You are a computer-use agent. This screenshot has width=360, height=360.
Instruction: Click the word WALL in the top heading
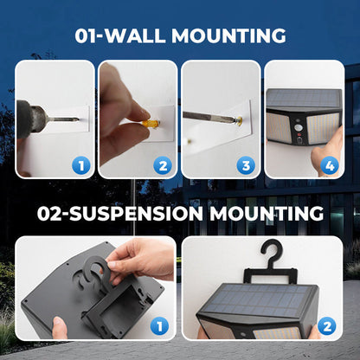135,35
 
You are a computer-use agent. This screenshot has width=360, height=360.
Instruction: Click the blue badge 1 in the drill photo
81,165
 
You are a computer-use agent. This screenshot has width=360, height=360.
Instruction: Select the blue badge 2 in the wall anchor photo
163,166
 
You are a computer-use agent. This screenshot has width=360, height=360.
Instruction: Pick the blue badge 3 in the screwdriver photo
246,165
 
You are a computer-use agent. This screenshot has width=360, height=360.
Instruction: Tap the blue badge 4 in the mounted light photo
330,165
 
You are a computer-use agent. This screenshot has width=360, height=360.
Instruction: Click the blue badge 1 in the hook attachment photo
159,326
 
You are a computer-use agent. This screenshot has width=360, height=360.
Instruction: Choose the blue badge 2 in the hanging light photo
327,326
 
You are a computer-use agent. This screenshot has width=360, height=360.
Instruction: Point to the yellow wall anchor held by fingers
151,125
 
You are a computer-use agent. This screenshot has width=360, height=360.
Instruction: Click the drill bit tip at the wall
78,119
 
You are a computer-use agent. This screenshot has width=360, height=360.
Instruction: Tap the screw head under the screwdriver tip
239,119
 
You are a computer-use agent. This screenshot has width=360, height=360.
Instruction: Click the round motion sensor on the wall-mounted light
298,127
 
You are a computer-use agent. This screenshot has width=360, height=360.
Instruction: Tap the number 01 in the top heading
86,36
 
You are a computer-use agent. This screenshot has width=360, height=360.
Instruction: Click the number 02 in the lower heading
49,214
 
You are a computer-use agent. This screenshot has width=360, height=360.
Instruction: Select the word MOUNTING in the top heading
228,35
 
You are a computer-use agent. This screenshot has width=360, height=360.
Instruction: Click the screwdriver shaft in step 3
209,116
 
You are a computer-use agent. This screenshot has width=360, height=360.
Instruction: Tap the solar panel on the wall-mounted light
304,98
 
